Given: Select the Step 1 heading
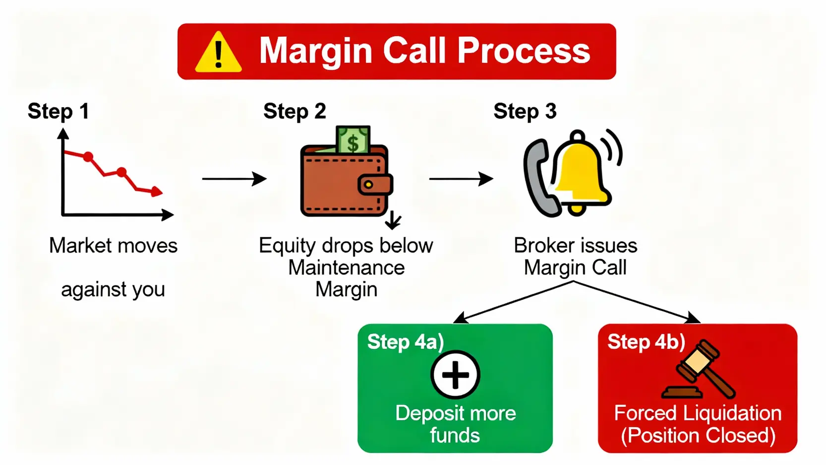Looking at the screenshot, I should (x=59, y=111).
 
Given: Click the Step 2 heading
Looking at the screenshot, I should (x=295, y=111).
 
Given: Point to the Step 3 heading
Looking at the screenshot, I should (x=525, y=111).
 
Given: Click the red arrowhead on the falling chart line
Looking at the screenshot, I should (x=157, y=191).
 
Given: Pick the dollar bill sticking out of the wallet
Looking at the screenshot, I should (x=353, y=140).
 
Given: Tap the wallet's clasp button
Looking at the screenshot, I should (x=368, y=185).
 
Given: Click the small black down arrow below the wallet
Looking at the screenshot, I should (x=393, y=220).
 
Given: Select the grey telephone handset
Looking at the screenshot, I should (x=538, y=179).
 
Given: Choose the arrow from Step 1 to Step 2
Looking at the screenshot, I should (x=234, y=179).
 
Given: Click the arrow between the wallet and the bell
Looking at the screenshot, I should (x=461, y=179).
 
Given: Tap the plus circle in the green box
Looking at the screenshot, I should (x=455, y=375).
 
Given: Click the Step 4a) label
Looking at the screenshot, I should (x=405, y=342).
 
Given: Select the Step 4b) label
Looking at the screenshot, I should (x=646, y=342).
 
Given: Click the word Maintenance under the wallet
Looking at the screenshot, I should (x=347, y=267).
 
